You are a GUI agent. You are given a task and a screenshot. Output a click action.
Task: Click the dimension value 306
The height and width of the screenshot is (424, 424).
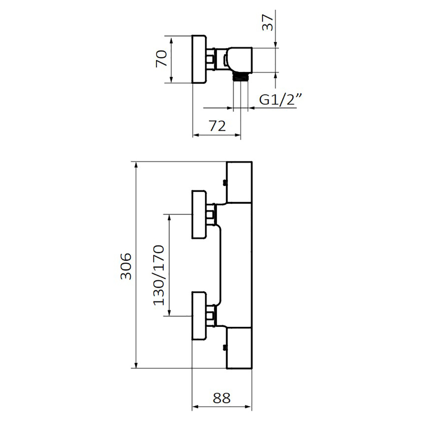click(x=126, y=266)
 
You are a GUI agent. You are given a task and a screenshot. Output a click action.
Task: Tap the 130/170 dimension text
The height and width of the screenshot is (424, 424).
click(x=159, y=275)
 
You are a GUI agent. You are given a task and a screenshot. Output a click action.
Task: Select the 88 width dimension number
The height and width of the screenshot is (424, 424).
click(x=222, y=398)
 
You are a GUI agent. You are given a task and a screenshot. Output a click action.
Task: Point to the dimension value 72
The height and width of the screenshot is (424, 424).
click(x=217, y=126)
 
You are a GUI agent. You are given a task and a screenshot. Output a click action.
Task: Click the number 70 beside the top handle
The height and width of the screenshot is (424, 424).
click(x=162, y=58)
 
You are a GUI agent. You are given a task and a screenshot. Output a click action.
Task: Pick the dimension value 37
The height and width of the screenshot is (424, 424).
click(x=268, y=22)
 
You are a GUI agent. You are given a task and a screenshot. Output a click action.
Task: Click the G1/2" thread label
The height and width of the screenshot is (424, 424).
click(x=280, y=99)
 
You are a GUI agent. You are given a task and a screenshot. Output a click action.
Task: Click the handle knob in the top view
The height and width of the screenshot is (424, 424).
click(x=199, y=59)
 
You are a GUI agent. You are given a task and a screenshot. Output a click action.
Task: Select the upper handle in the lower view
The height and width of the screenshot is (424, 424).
click(x=199, y=215)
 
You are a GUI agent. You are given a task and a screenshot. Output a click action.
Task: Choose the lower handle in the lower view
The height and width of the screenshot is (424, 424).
click(x=199, y=316)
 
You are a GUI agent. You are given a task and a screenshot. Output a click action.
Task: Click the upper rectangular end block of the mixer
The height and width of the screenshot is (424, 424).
click(x=239, y=182)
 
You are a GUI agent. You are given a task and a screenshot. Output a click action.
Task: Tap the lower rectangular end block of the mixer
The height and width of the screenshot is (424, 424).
click(x=239, y=348)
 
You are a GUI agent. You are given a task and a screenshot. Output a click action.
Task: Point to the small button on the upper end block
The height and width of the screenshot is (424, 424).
click(x=224, y=183)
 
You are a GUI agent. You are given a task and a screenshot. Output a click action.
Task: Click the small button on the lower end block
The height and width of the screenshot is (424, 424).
click(x=224, y=348)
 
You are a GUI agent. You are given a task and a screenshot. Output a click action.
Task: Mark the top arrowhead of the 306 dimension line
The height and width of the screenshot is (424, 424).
click(x=136, y=165)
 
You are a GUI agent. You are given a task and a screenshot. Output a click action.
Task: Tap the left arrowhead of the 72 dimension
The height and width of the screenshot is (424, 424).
click(x=196, y=135)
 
